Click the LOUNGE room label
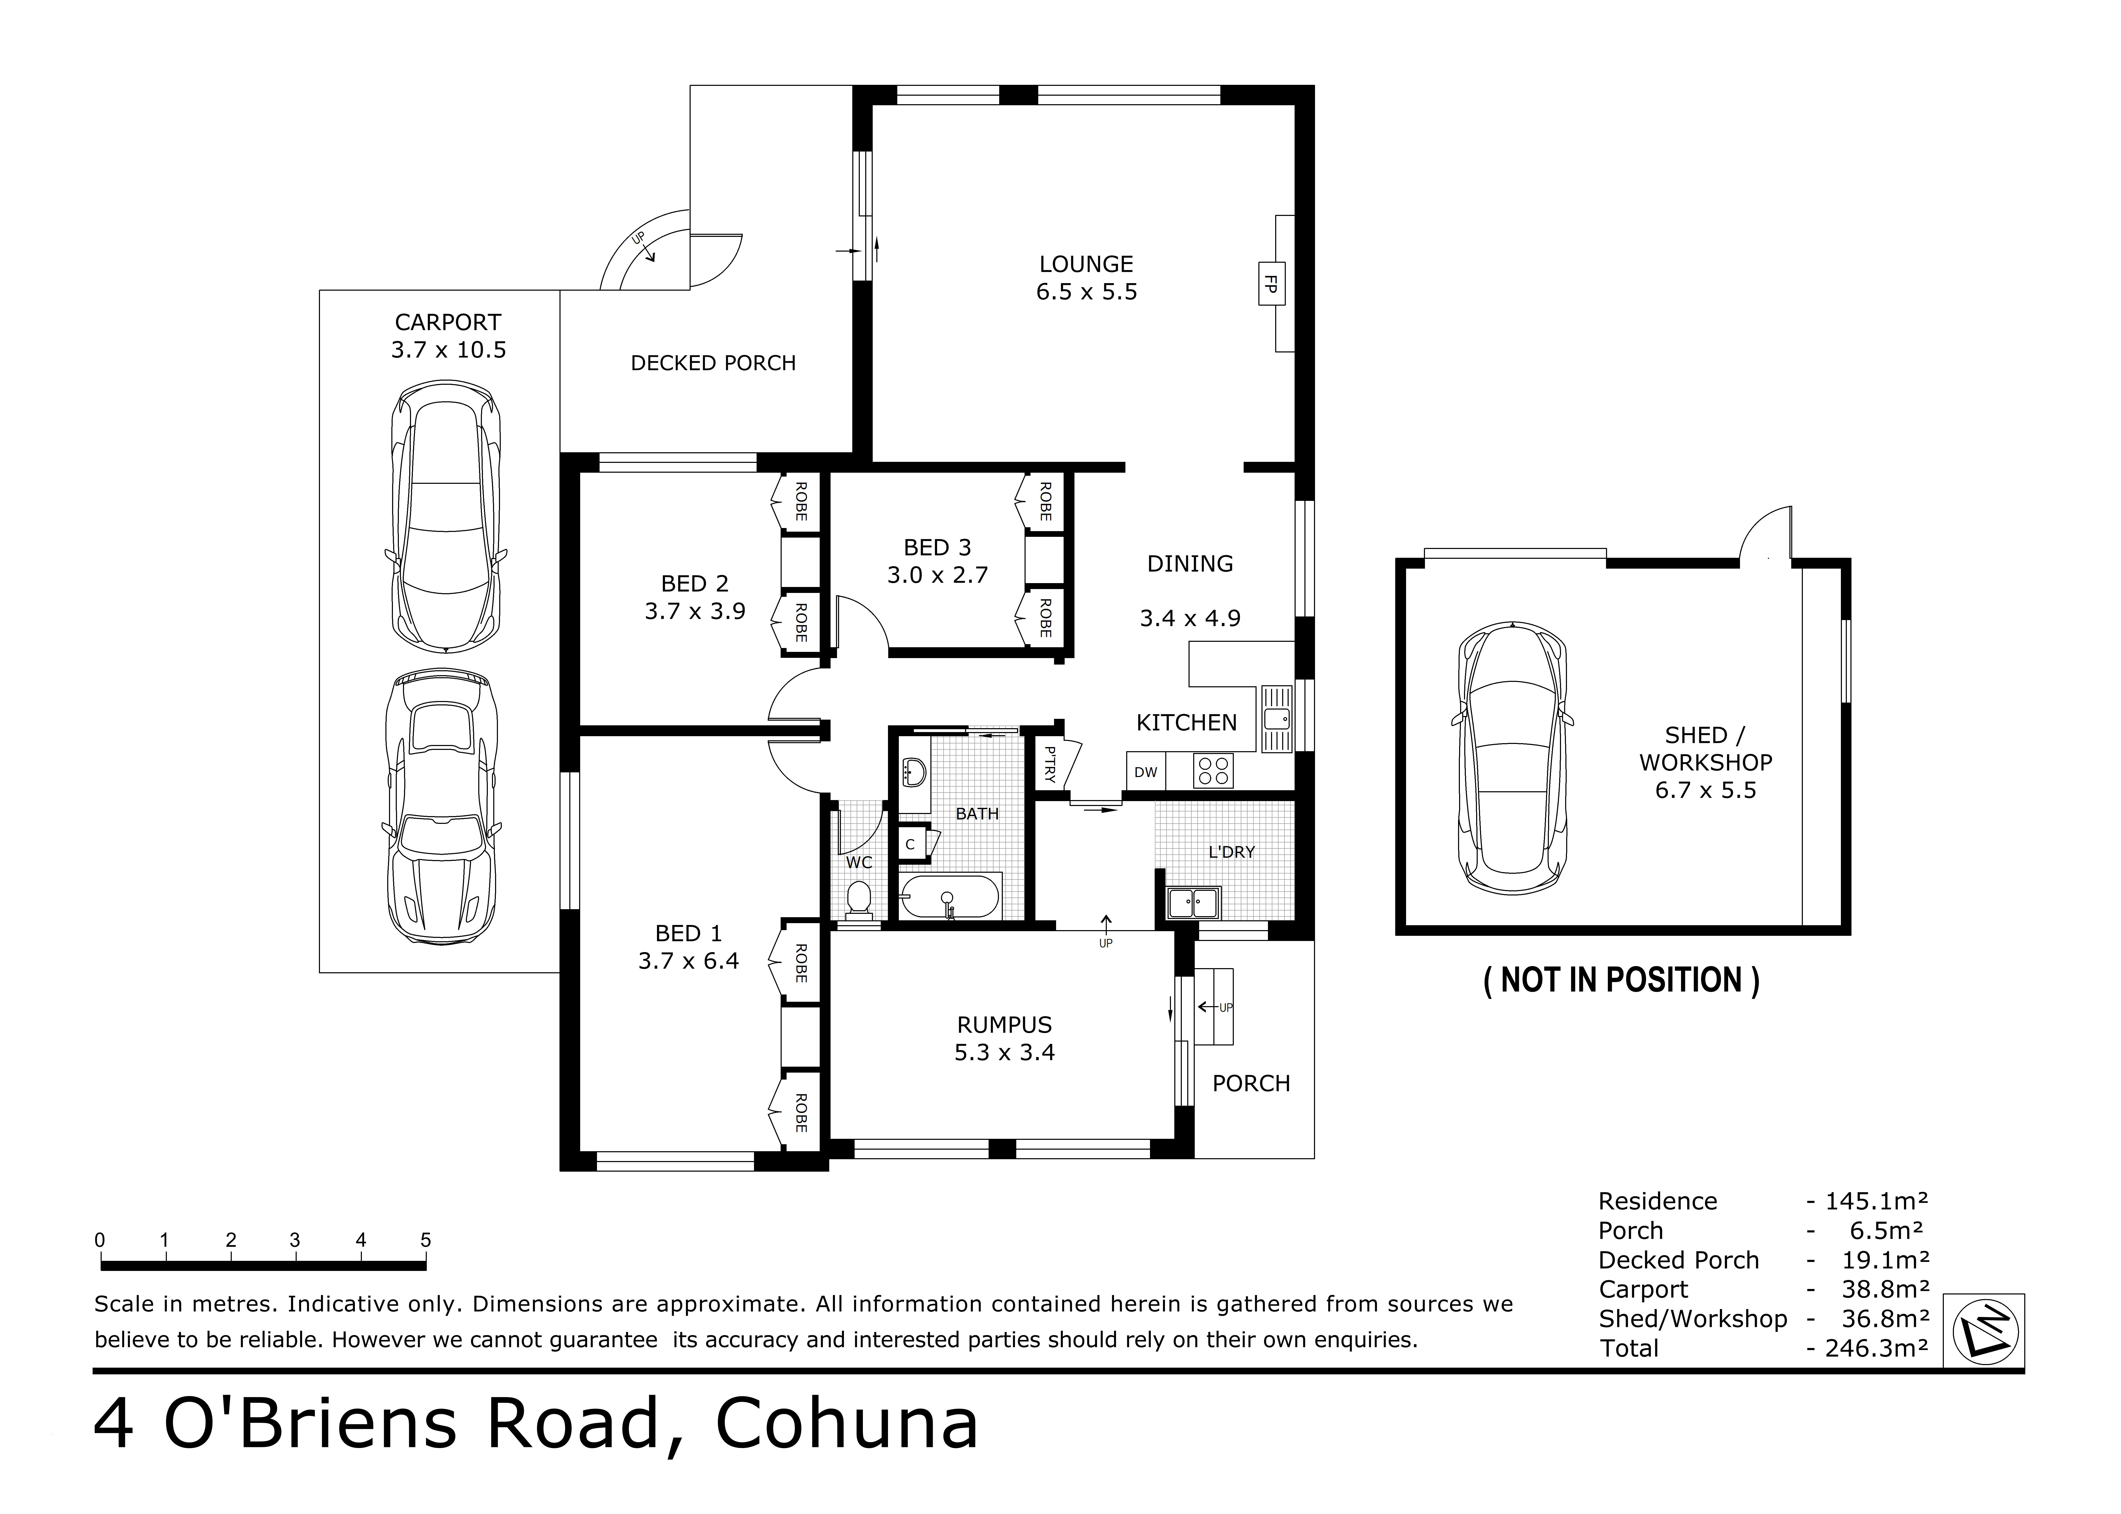click(1086, 265)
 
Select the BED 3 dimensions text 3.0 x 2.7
click(937, 575)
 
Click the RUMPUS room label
click(1004, 1026)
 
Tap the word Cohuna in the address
click(847, 1423)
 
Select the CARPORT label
click(447, 322)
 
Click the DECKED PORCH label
click(713, 364)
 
